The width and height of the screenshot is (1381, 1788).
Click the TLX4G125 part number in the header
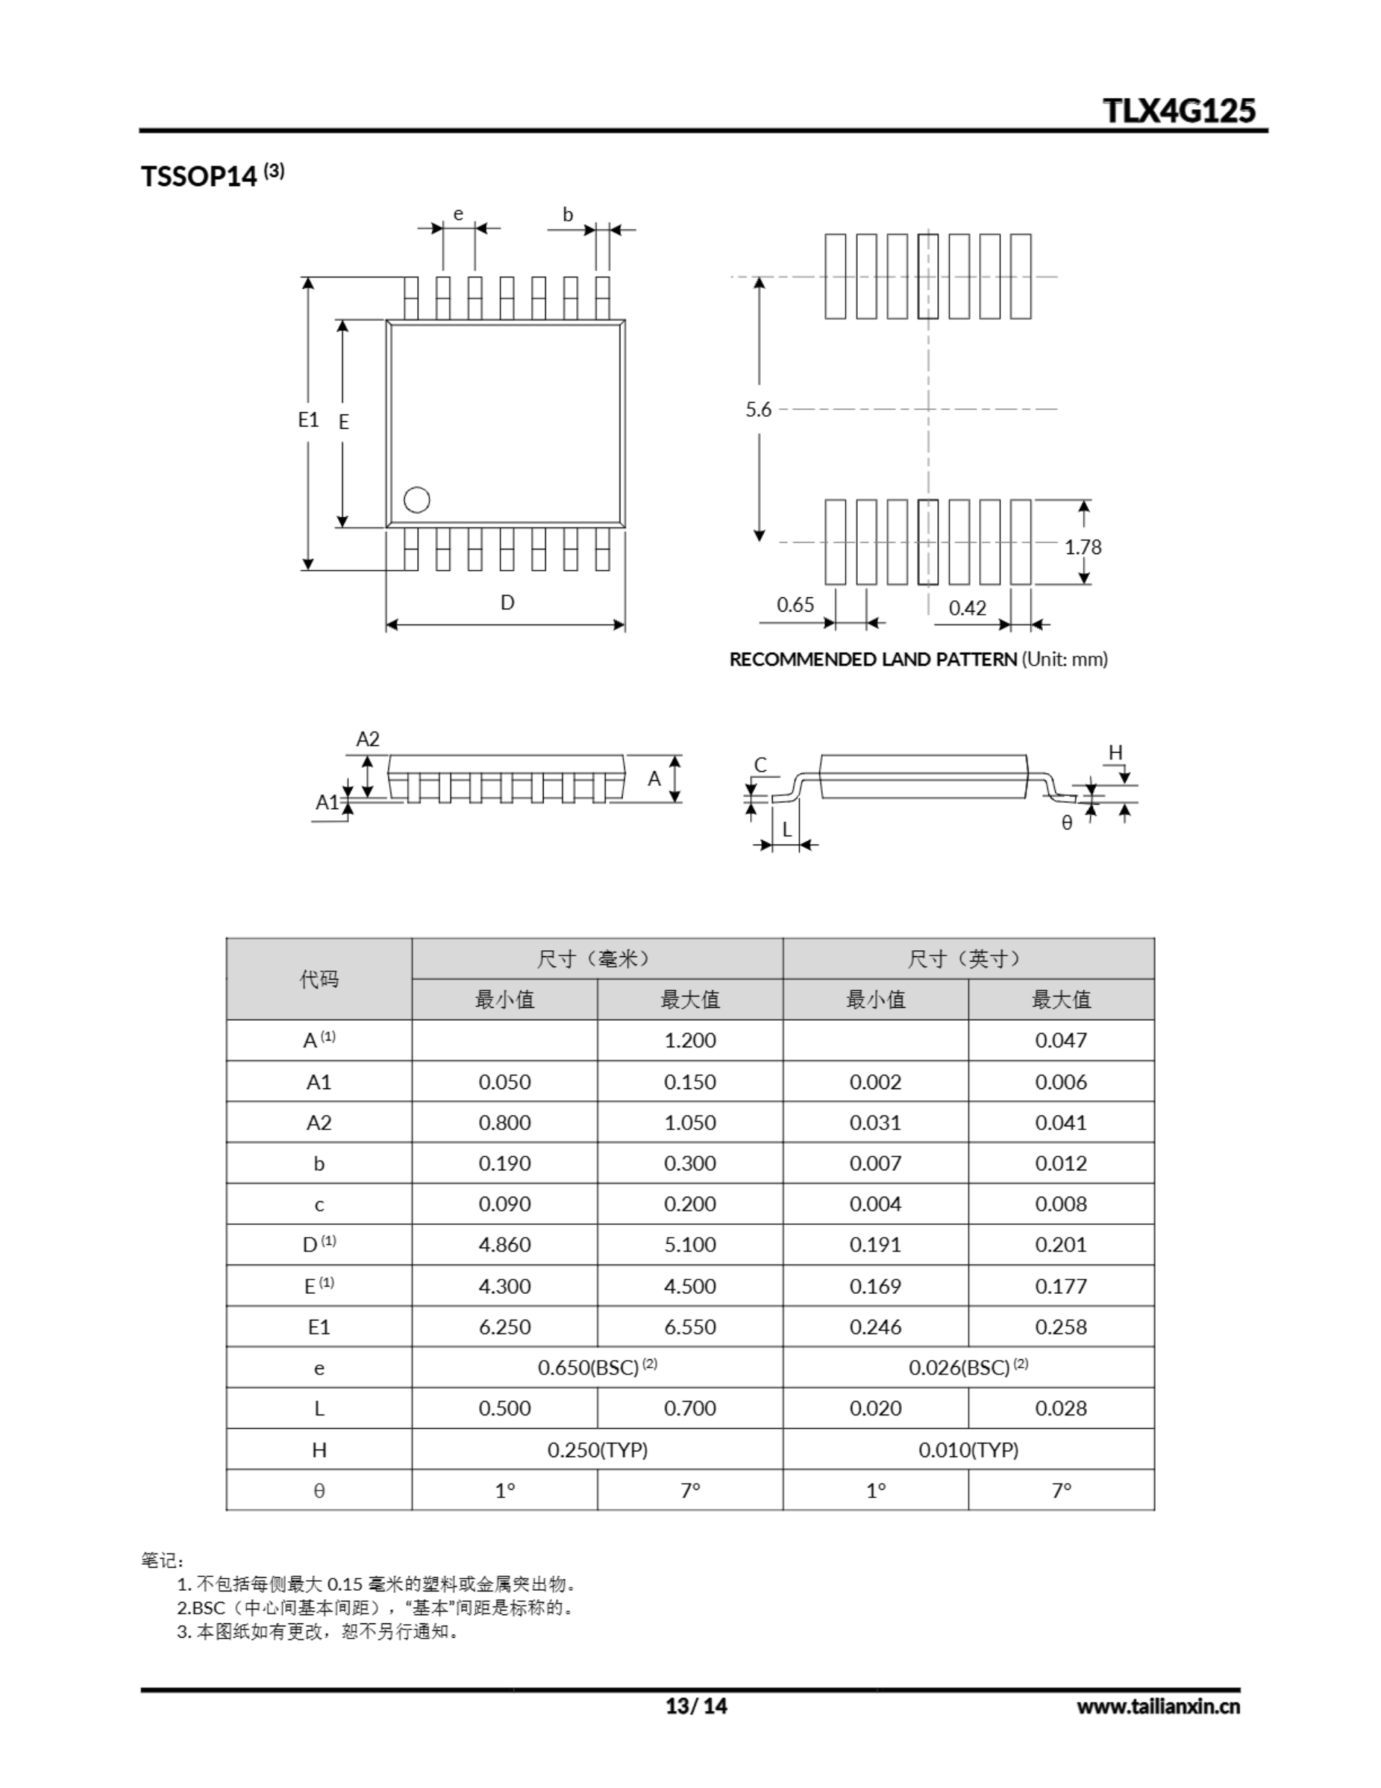[x=1178, y=110]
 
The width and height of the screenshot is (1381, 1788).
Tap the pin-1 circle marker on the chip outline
[x=417, y=499]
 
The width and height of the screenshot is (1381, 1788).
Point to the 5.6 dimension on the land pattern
[x=758, y=409]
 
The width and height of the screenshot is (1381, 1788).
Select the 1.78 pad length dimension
[x=1082, y=547]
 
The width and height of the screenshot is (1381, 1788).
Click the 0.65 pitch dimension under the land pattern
[x=795, y=605]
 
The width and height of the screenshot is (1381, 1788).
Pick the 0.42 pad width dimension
[x=967, y=608]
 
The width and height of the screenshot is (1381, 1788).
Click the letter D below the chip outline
[x=508, y=603]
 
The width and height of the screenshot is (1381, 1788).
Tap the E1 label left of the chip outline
[x=308, y=420]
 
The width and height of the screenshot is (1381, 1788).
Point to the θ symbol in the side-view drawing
[x=1067, y=823]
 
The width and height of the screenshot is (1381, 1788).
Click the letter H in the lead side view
[x=1115, y=752]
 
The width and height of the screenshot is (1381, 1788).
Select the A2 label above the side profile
[x=367, y=739]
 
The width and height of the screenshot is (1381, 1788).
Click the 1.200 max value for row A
[x=689, y=1041]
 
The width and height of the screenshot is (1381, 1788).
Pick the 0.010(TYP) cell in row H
[x=968, y=1450]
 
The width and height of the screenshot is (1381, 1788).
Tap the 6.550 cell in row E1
[x=689, y=1327]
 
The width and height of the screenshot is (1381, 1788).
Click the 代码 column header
[x=318, y=979]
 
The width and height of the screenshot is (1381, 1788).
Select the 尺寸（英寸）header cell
[x=968, y=959]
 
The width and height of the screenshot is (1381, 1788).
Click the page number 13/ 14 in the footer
[x=696, y=1706]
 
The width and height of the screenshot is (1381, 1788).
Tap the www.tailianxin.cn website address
[x=1158, y=1707]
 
